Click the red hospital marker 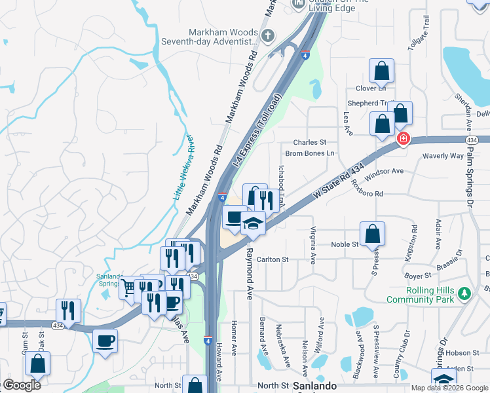coord(403,139)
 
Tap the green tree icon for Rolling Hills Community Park coord(464,291)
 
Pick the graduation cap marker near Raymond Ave coord(253,223)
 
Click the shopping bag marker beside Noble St coord(372,233)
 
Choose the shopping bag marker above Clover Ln coord(381,71)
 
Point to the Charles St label coord(310,142)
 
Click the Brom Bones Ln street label coord(310,153)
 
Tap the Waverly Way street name coord(443,156)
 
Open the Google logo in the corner coord(22,385)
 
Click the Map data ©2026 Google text coord(449,388)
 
